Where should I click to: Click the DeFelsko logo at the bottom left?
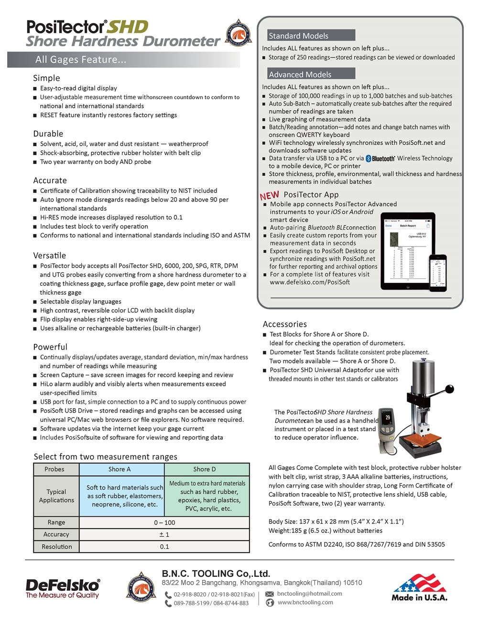click(63, 588)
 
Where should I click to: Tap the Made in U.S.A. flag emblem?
click(419, 587)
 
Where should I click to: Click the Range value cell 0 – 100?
click(164, 522)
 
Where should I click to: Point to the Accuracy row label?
click(56, 534)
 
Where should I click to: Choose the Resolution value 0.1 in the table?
click(164, 546)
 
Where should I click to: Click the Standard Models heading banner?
click(311, 36)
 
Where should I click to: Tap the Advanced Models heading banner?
click(311, 74)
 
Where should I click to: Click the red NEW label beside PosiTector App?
click(270, 195)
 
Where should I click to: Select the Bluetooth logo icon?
click(380, 159)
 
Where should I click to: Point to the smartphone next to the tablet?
click(437, 272)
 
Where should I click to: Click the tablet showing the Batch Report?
click(407, 251)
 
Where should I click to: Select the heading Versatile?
click(50, 256)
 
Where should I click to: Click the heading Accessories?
click(285, 324)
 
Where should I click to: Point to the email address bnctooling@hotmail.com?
click(309, 594)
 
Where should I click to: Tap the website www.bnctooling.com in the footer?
click(305, 602)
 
